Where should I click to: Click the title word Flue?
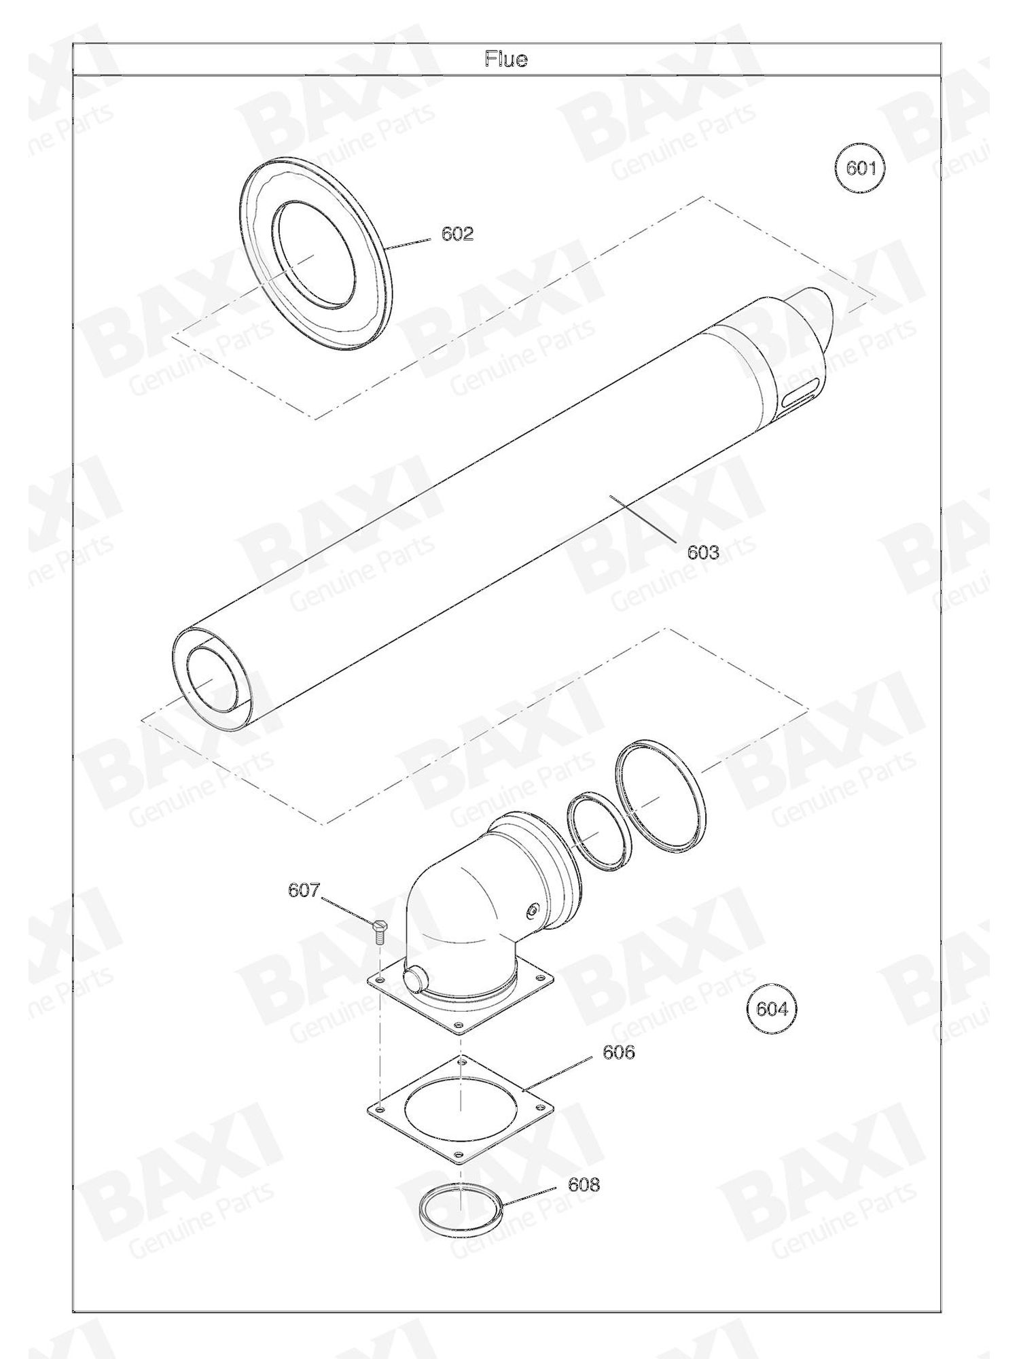pyautogui.click(x=506, y=60)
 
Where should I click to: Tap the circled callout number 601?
pyautogui.click(x=861, y=167)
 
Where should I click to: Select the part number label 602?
pyautogui.click(x=457, y=234)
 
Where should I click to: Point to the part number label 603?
pyautogui.click(x=702, y=552)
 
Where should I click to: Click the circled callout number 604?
pyautogui.click(x=772, y=1009)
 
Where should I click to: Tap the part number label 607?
pyautogui.click(x=304, y=890)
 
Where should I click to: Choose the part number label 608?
pyautogui.click(x=584, y=1185)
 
